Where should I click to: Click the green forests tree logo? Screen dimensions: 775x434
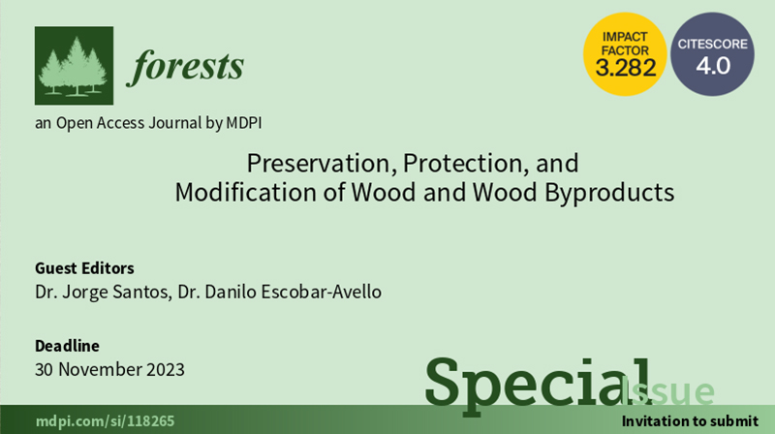pos(75,66)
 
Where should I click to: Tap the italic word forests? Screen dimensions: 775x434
pos(185,67)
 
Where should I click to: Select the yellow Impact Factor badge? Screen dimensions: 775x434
pos(625,54)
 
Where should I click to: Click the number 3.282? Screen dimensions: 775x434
pos(626,68)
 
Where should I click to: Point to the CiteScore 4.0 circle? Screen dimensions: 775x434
pos(712,54)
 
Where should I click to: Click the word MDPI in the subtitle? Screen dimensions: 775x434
pos(244,123)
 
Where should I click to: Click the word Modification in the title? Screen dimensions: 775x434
pos(246,192)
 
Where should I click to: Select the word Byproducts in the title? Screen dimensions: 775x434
pos(609,192)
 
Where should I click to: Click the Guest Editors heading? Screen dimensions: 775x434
pos(84,268)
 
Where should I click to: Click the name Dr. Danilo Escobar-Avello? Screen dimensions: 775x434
pos(280,292)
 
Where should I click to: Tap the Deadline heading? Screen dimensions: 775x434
pos(67,346)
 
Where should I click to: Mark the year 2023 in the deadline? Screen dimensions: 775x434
pos(164,369)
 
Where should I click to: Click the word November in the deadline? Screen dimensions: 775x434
pos(101,369)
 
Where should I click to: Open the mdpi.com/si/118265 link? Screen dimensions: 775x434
pos(105,421)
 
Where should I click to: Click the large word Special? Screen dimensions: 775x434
pos(539,385)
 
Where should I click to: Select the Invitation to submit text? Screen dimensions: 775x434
pos(690,421)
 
